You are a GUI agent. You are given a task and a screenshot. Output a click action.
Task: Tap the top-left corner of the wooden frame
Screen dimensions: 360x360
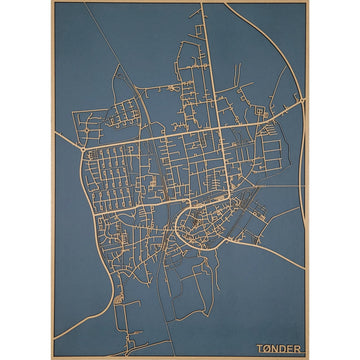click(x=53, y=2)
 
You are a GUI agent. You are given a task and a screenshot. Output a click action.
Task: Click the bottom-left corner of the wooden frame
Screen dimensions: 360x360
click(x=53, y=357)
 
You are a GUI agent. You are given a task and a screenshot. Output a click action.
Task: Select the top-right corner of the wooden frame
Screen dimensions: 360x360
click(x=307, y=2)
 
